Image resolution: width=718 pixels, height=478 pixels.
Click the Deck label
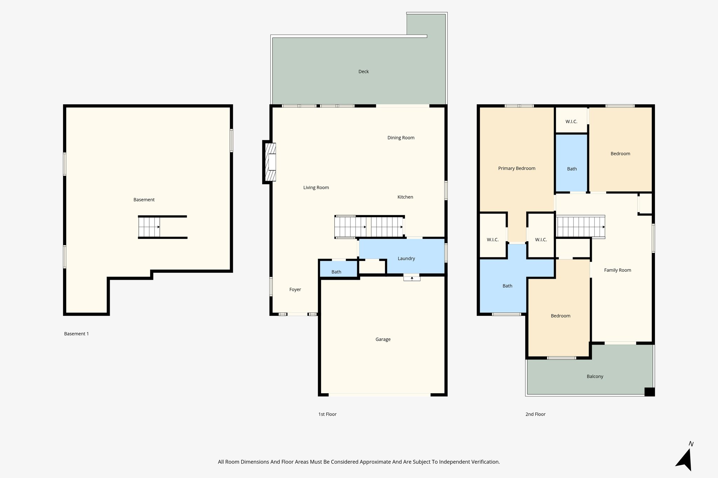point(364,71)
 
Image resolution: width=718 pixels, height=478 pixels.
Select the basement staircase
point(149,227)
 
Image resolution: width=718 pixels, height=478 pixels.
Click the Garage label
point(383,339)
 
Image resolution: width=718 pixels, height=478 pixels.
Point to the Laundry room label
point(406,258)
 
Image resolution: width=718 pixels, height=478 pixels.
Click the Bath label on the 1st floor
point(336,272)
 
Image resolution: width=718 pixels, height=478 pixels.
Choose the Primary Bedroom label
point(516,168)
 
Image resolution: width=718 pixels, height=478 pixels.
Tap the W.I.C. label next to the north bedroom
point(571,122)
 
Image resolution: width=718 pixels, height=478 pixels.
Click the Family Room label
point(617,270)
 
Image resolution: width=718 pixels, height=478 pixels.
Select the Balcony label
point(595,376)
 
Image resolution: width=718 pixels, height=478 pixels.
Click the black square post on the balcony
point(649,392)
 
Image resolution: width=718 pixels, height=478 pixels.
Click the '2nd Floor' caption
point(535,414)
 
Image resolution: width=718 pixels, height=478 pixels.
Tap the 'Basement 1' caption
point(76,334)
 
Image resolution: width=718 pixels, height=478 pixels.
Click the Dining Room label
point(401,138)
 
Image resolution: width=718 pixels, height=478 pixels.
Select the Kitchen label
point(405,197)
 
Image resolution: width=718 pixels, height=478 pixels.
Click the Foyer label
point(295,290)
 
